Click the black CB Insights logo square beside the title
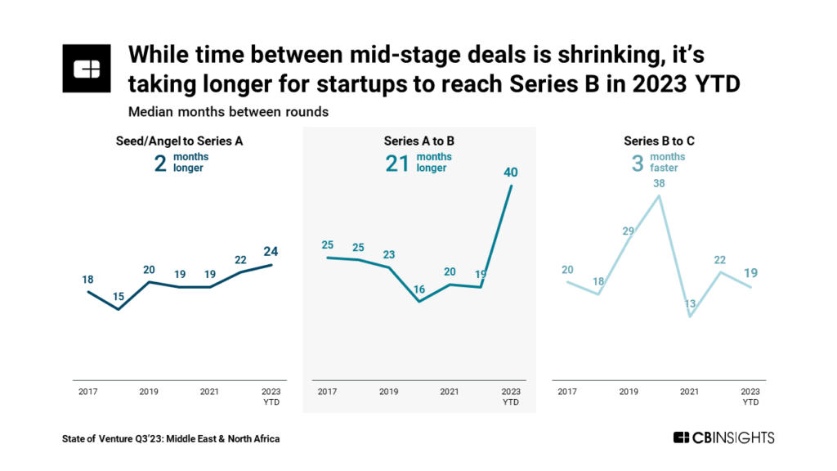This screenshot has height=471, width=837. coord(87,70)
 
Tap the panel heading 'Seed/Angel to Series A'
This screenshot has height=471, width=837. coord(179,141)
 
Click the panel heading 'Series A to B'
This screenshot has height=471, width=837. coord(419,141)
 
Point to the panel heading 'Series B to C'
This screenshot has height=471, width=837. coord(659,141)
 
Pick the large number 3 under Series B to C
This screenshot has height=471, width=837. coord(638,163)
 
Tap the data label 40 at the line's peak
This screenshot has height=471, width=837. coord(511,172)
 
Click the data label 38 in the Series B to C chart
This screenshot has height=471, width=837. coord(659,183)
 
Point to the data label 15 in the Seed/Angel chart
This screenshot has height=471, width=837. coord(119,295)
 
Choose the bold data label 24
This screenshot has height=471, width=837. coord(271,250)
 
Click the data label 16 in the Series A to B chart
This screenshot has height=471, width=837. coord(419,288)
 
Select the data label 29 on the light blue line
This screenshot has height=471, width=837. coord(628,231)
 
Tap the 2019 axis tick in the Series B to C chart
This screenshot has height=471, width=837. coord(628,392)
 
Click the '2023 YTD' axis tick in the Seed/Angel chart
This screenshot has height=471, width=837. coord(271,397)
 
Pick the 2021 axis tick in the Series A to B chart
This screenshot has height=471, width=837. coord(449,392)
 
